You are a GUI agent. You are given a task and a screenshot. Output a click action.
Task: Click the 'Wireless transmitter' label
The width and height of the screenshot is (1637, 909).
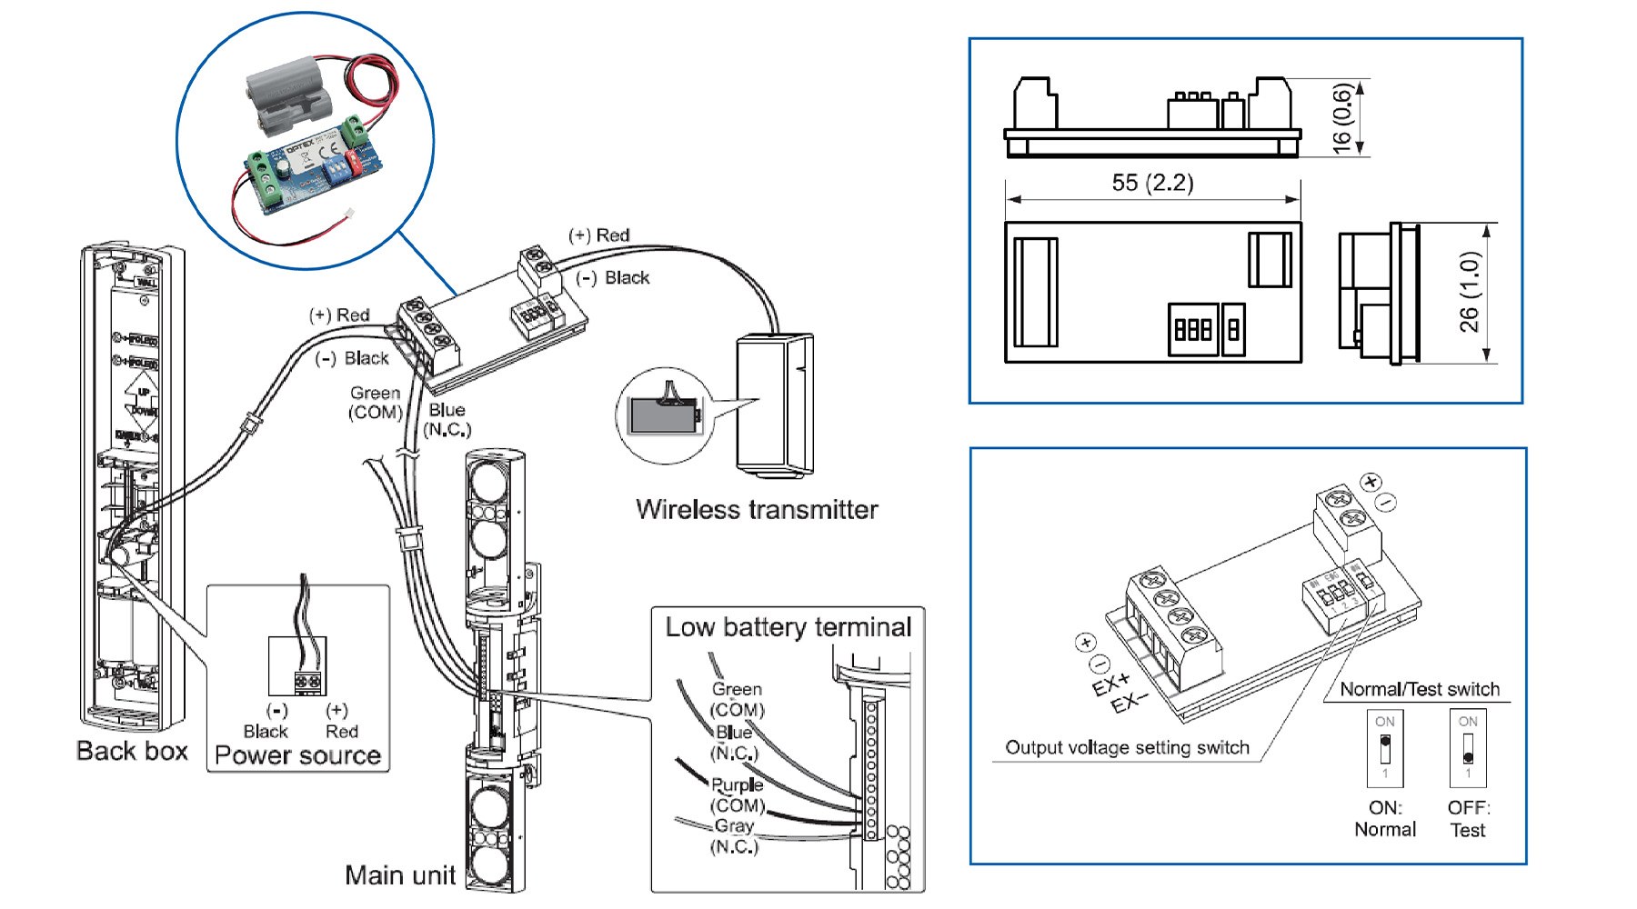pyautogui.click(x=757, y=509)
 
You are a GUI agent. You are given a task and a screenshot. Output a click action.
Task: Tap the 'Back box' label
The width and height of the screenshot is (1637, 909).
pyautogui.click(x=132, y=751)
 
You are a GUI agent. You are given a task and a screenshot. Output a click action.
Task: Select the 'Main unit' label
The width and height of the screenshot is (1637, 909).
pyautogui.click(x=399, y=874)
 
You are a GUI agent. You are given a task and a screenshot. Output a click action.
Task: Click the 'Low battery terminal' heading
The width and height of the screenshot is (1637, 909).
pyautogui.click(x=788, y=627)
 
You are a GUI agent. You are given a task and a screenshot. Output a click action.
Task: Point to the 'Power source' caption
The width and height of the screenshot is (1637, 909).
pyautogui.click(x=297, y=755)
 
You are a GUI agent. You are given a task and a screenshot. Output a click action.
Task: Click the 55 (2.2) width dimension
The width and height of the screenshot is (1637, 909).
pyautogui.click(x=1152, y=183)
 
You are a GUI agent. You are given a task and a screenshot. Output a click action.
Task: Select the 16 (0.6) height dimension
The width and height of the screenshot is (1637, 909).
pyautogui.click(x=1342, y=118)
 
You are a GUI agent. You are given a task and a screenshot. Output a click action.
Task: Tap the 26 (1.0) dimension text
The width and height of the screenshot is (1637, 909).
pyautogui.click(x=1469, y=292)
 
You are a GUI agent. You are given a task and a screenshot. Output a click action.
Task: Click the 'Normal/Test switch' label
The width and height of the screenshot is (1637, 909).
pyautogui.click(x=1419, y=689)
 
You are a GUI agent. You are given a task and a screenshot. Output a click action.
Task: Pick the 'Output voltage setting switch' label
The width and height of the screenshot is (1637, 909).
pyautogui.click(x=1127, y=747)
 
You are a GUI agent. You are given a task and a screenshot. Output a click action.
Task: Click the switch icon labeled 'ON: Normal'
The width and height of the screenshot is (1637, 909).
pyautogui.click(x=1385, y=749)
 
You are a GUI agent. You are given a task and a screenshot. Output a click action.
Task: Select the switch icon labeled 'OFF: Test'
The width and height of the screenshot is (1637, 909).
pyautogui.click(x=1467, y=749)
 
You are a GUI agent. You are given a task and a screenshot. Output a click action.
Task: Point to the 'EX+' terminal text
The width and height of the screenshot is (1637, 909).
pyautogui.click(x=1110, y=684)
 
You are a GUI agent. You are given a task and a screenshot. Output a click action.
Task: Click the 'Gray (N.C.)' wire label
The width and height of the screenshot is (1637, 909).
pyautogui.click(x=733, y=836)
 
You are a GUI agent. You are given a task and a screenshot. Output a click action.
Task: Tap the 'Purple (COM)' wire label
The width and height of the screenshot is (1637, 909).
pyautogui.click(x=737, y=794)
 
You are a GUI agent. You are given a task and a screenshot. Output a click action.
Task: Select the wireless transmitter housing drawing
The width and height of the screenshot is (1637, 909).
pyautogui.click(x=773, y=405)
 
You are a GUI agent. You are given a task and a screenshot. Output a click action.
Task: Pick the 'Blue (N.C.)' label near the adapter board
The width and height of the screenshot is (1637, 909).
pyautogui.click(x=447, y=419)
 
